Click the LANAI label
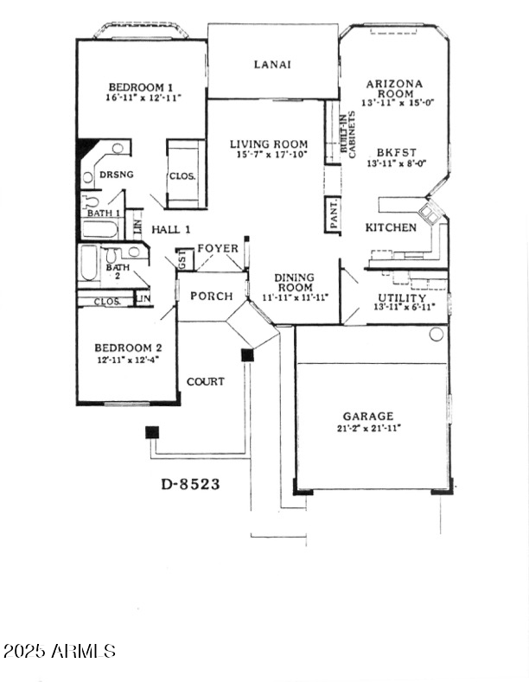tap(271, 64)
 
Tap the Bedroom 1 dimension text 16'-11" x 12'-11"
tap(141, 98)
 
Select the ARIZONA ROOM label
tap(394, 89)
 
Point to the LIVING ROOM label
tap(269, 143)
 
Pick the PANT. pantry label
tap(334, 213)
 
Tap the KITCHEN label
tap(391, 227)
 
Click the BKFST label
tap(393, 150)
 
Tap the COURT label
tap(206, 381)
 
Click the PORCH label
tap(212, 296)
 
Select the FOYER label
tap(218, 248)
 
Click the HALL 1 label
tap(171, 229)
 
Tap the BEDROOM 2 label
tap(128, 348)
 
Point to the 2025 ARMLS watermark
tap(59, 650)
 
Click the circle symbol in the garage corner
tap(436, 334)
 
